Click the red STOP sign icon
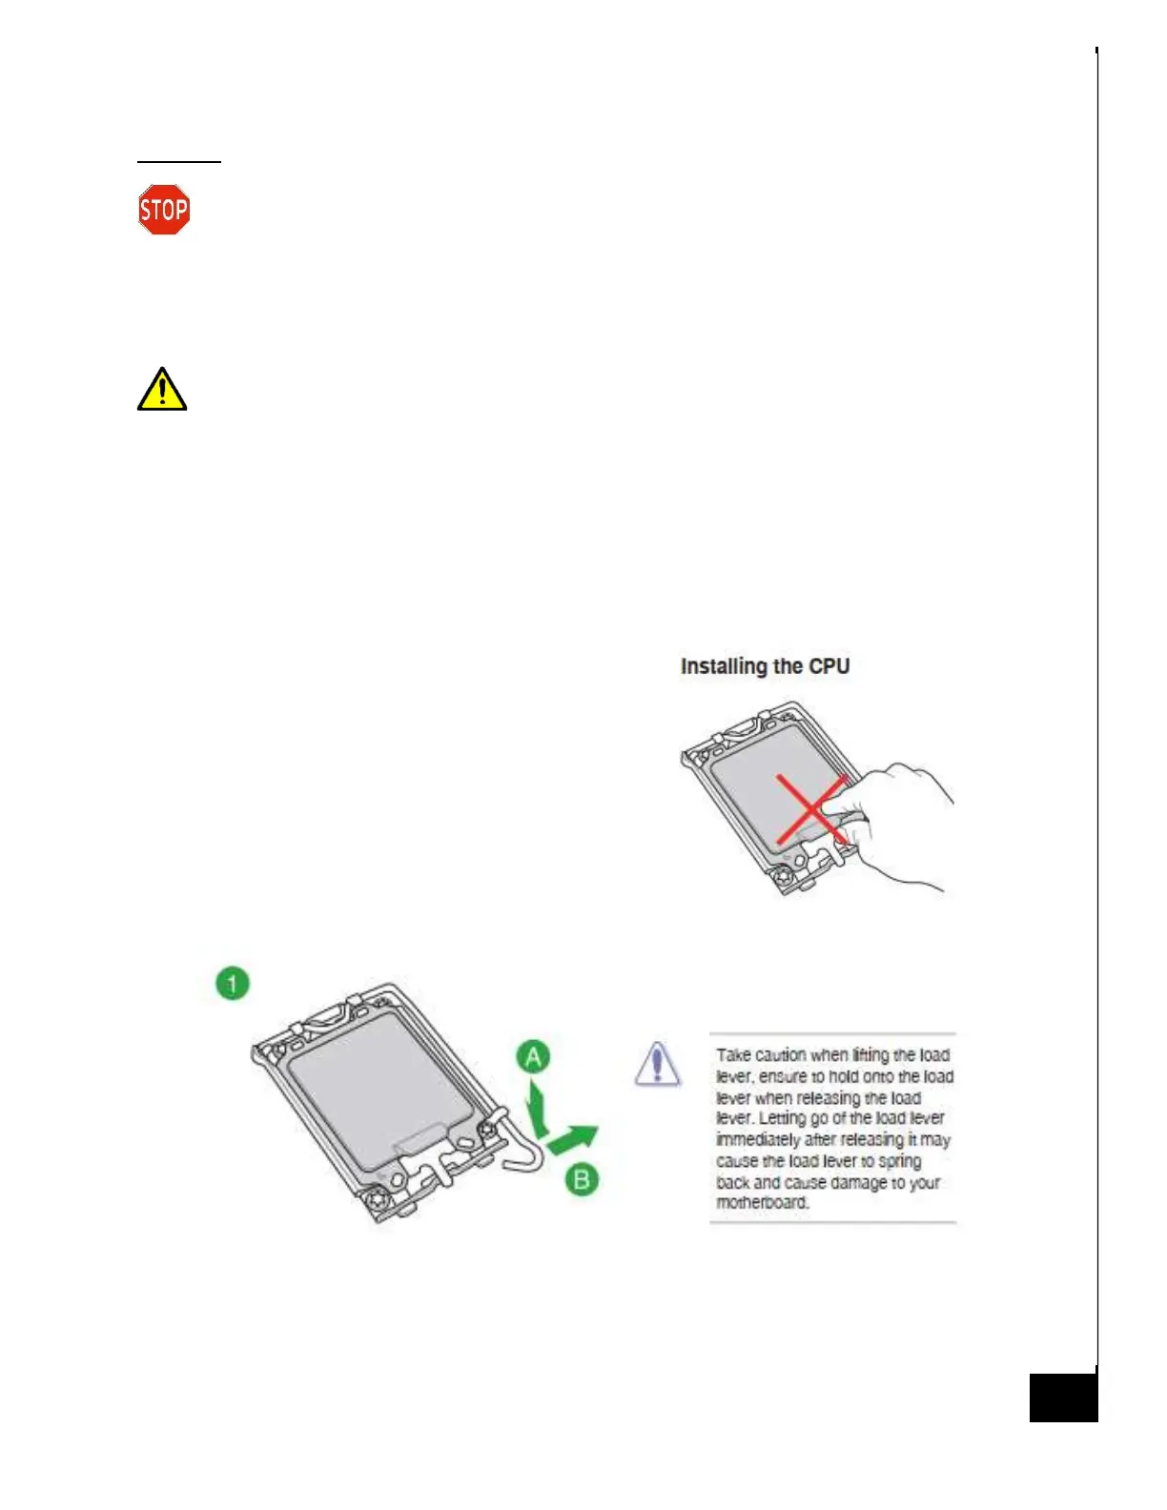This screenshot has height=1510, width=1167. [x=164, y=210]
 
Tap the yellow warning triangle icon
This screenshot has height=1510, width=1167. [x=162, y=390]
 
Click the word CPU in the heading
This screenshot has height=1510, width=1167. [x=829, y=666]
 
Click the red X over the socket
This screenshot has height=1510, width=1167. [x=810, y=809]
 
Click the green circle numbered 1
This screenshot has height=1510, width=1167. [x=233, y=983]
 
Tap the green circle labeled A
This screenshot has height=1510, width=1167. [x=534, y=1057]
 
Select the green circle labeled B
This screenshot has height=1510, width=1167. [x=582, y=1180]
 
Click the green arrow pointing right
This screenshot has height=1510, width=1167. [x=574, y=1137]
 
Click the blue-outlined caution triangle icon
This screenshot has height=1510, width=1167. [x=657, y=1064]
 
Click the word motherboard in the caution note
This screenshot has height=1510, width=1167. [x=763, y=1203]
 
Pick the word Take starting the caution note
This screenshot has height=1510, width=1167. [x=733, y=1055]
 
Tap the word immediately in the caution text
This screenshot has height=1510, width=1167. [x=758, y=1140]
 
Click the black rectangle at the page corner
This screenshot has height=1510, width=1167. [x=1063, y=1398]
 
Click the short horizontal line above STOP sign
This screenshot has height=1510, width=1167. [x=179, y=162]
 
